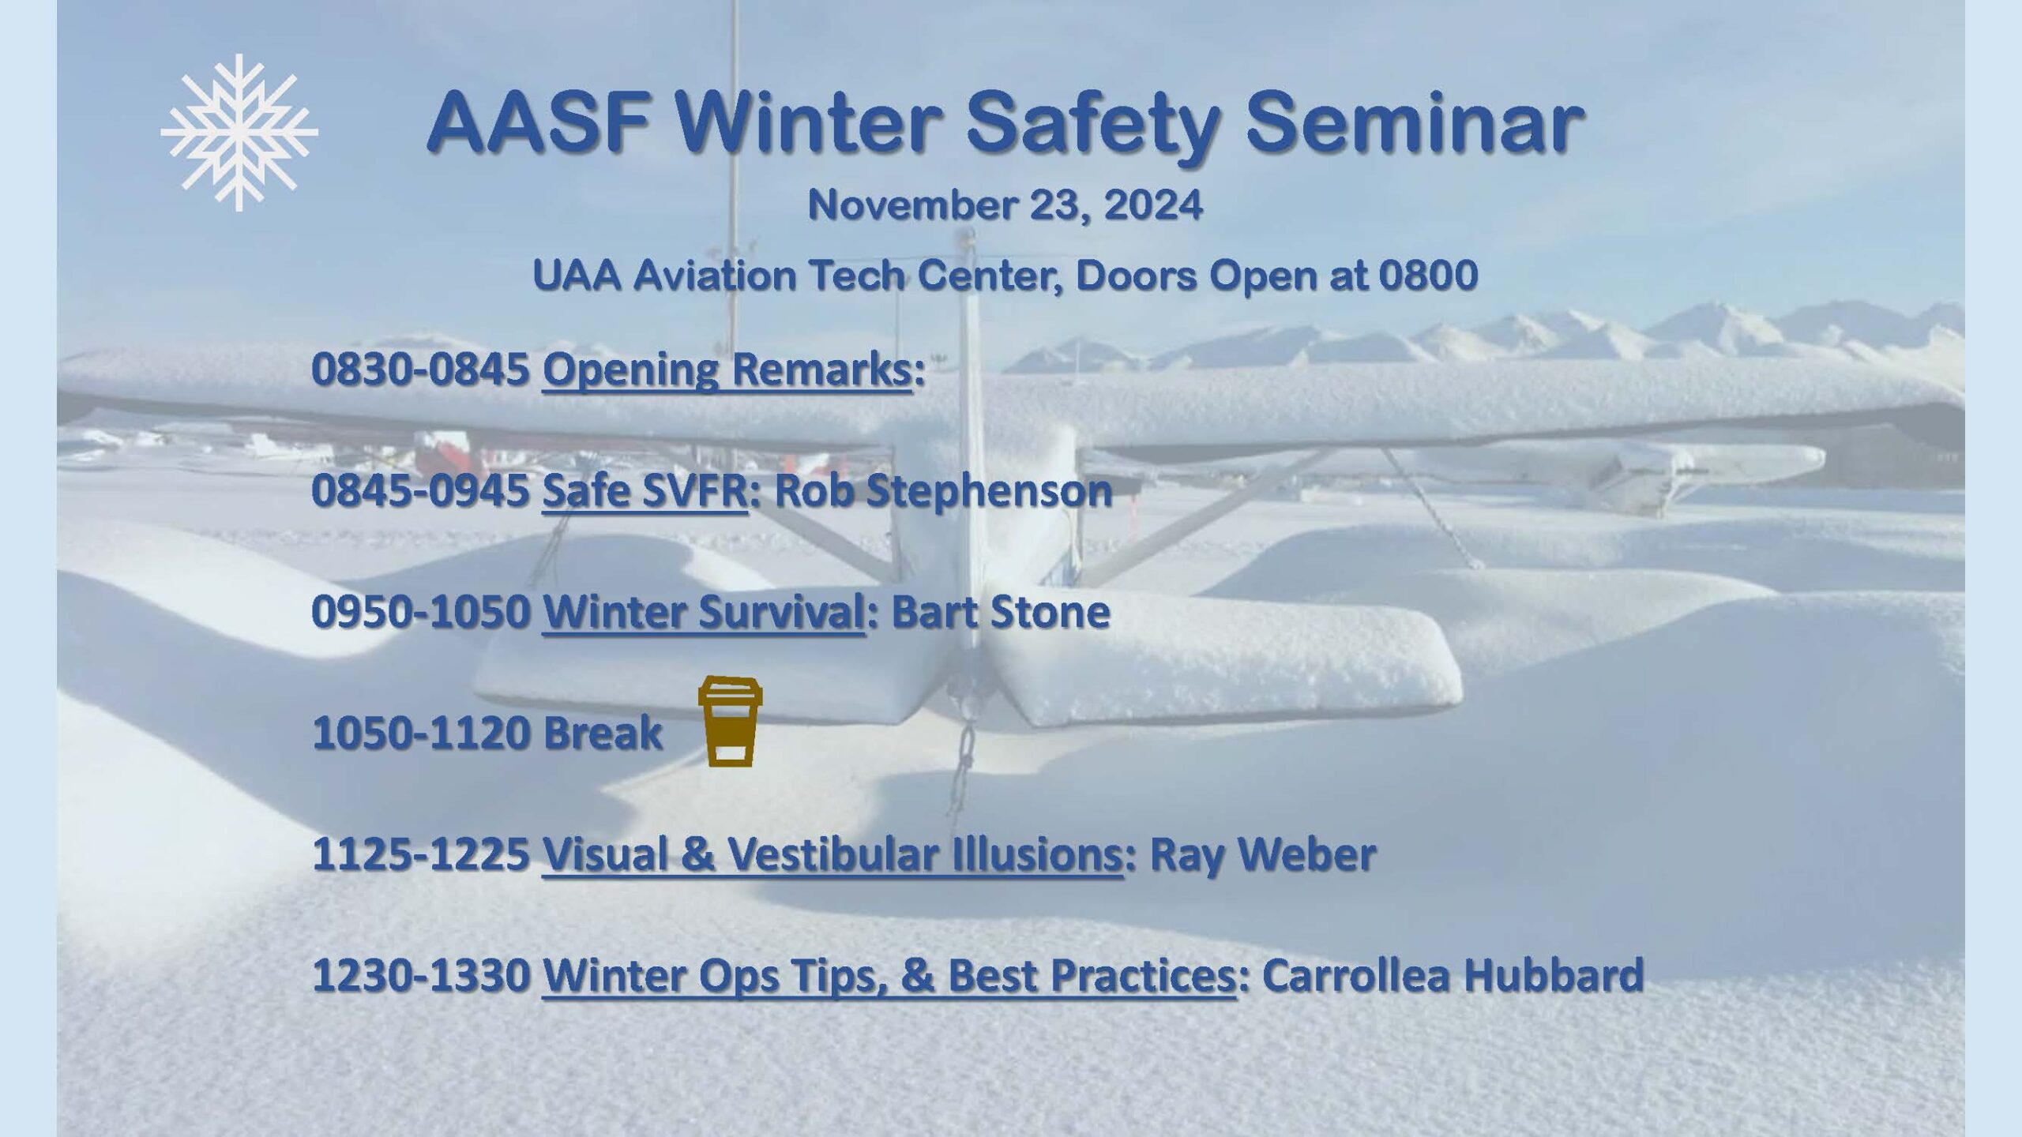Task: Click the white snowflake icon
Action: point(239,133)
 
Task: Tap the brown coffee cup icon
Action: point(731,721)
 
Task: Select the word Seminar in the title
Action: point(1415,125)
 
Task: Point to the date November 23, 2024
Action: point(1005,205)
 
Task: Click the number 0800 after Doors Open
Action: point(1428,276)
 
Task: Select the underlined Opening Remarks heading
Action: point(727,369)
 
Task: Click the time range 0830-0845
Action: point(420,370)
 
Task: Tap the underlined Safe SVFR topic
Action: point(645,490)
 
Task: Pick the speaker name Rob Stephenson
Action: point(943,491)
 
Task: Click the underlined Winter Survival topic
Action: point(703,612)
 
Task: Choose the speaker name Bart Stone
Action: point(1001,612)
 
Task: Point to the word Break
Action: point(603,733)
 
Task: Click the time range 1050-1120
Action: point(420,733)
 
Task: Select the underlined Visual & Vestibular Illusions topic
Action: point(832,854)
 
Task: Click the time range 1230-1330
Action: point(420,975)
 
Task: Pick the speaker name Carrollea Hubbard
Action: point(1453,974)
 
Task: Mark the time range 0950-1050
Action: point(420,612)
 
